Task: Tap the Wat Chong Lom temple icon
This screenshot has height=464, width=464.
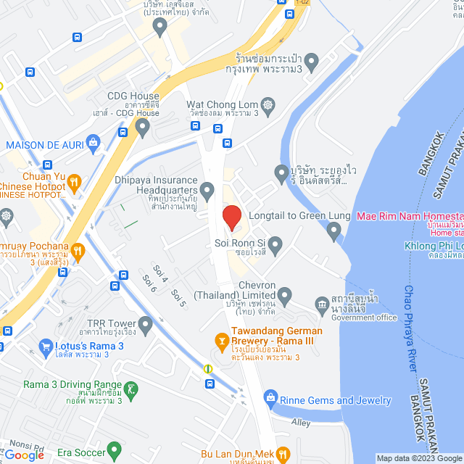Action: (268, 105)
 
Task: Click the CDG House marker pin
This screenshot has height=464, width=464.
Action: (143, 128)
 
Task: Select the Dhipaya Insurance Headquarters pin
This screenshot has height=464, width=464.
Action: (208, 191)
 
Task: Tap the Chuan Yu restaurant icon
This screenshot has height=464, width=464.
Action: (76, 181)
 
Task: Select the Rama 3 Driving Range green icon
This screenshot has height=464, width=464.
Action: (130, 390)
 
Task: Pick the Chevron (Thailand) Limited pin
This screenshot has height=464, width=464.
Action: (285, 294)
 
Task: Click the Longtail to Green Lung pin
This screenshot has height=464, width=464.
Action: (334, 231)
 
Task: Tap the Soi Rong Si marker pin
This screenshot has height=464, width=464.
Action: (275, 242)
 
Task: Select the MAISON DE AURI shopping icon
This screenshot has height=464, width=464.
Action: (93, 141)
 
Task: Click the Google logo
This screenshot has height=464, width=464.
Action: (23, 455)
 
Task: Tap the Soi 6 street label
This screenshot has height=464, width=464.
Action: (150, 283)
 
